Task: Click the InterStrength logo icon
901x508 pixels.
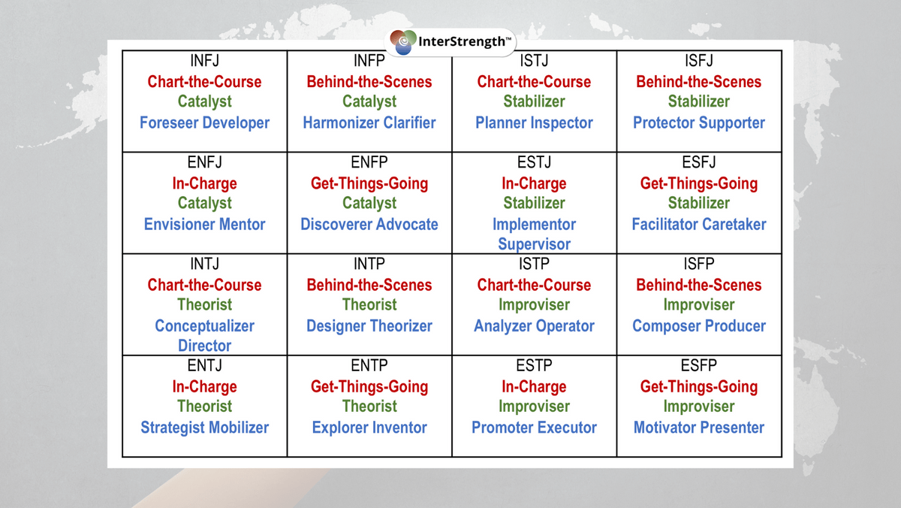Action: pos(403,42)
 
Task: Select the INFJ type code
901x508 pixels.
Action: pos(205,61)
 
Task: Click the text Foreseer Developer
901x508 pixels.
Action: pos(204,123)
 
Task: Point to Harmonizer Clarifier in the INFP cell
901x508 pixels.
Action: pos(369,123)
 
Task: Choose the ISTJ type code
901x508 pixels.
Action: pos(534,61)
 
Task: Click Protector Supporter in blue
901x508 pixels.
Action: pos(699,123)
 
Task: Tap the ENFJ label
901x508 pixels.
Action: pos(205,162)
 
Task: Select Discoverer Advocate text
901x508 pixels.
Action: pos(369,225)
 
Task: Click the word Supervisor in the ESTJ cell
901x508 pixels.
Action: pos(534,244)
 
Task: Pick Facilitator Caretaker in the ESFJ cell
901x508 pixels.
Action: pos(699,225)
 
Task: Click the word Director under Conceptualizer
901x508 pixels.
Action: pos(205,346)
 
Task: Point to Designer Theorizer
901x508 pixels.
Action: pos(369,326)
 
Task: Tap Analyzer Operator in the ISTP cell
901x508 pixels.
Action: pos(534,326)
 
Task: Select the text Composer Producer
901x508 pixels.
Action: pos(699,326)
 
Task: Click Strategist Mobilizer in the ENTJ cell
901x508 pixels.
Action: pos(205,428)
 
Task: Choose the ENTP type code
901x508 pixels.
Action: pos(369,365)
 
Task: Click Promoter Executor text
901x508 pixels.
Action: pos(534,428)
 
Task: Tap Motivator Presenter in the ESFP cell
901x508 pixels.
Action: pos(699,428)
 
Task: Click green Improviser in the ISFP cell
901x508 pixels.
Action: pos(699,305)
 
